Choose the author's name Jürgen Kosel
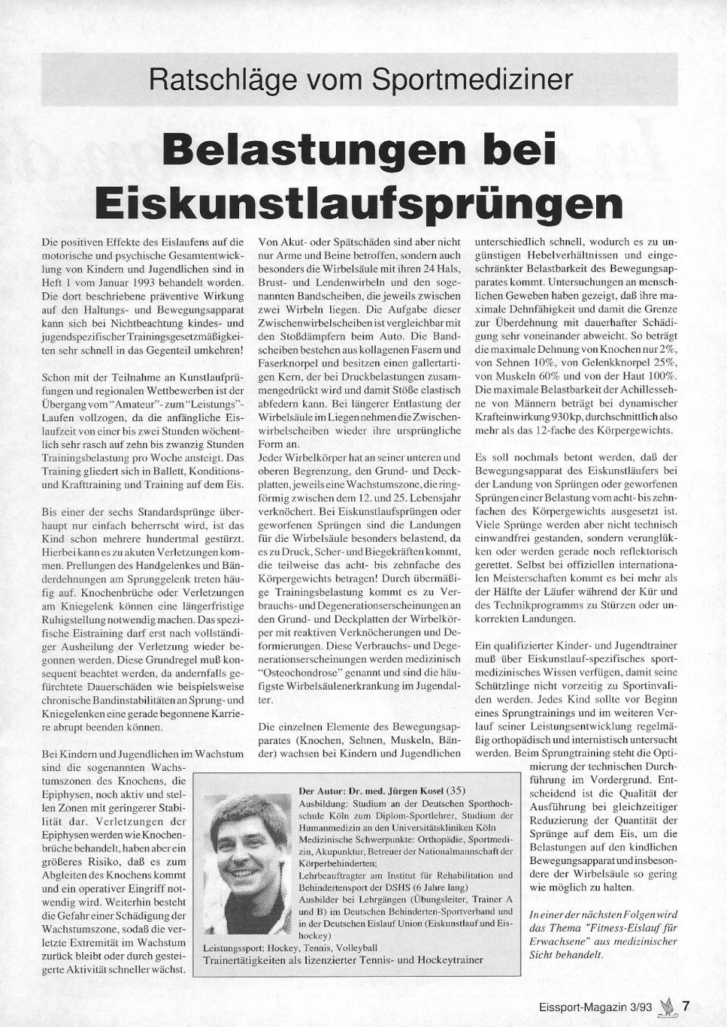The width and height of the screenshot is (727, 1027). pos(408,791)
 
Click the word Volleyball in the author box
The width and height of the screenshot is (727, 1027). pos(355,947)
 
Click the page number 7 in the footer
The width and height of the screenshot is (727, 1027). pos(685,1007)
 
